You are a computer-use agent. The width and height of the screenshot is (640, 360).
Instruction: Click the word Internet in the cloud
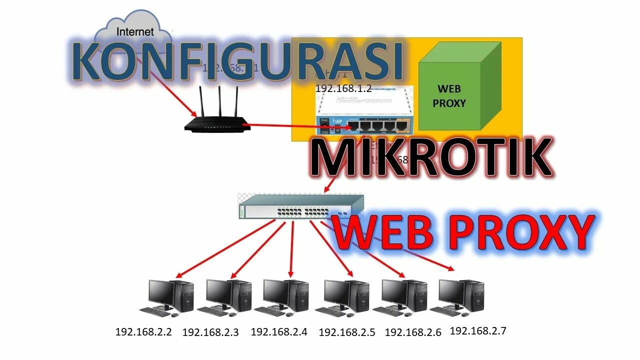click(135, 32)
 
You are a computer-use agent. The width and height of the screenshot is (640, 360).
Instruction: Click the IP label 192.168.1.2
click(343, 88)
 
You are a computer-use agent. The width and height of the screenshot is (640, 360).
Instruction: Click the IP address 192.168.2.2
click(143, 331)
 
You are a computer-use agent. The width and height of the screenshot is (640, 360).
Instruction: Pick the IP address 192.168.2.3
click(210, 332)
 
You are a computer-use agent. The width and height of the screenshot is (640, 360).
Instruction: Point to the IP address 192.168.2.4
click(278, 331)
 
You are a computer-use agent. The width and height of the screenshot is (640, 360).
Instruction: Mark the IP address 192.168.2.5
click(346, 332)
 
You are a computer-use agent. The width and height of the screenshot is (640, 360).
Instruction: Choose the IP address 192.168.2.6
click(413, 332)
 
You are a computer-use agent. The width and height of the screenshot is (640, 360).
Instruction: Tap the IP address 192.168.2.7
click(478, 330)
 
